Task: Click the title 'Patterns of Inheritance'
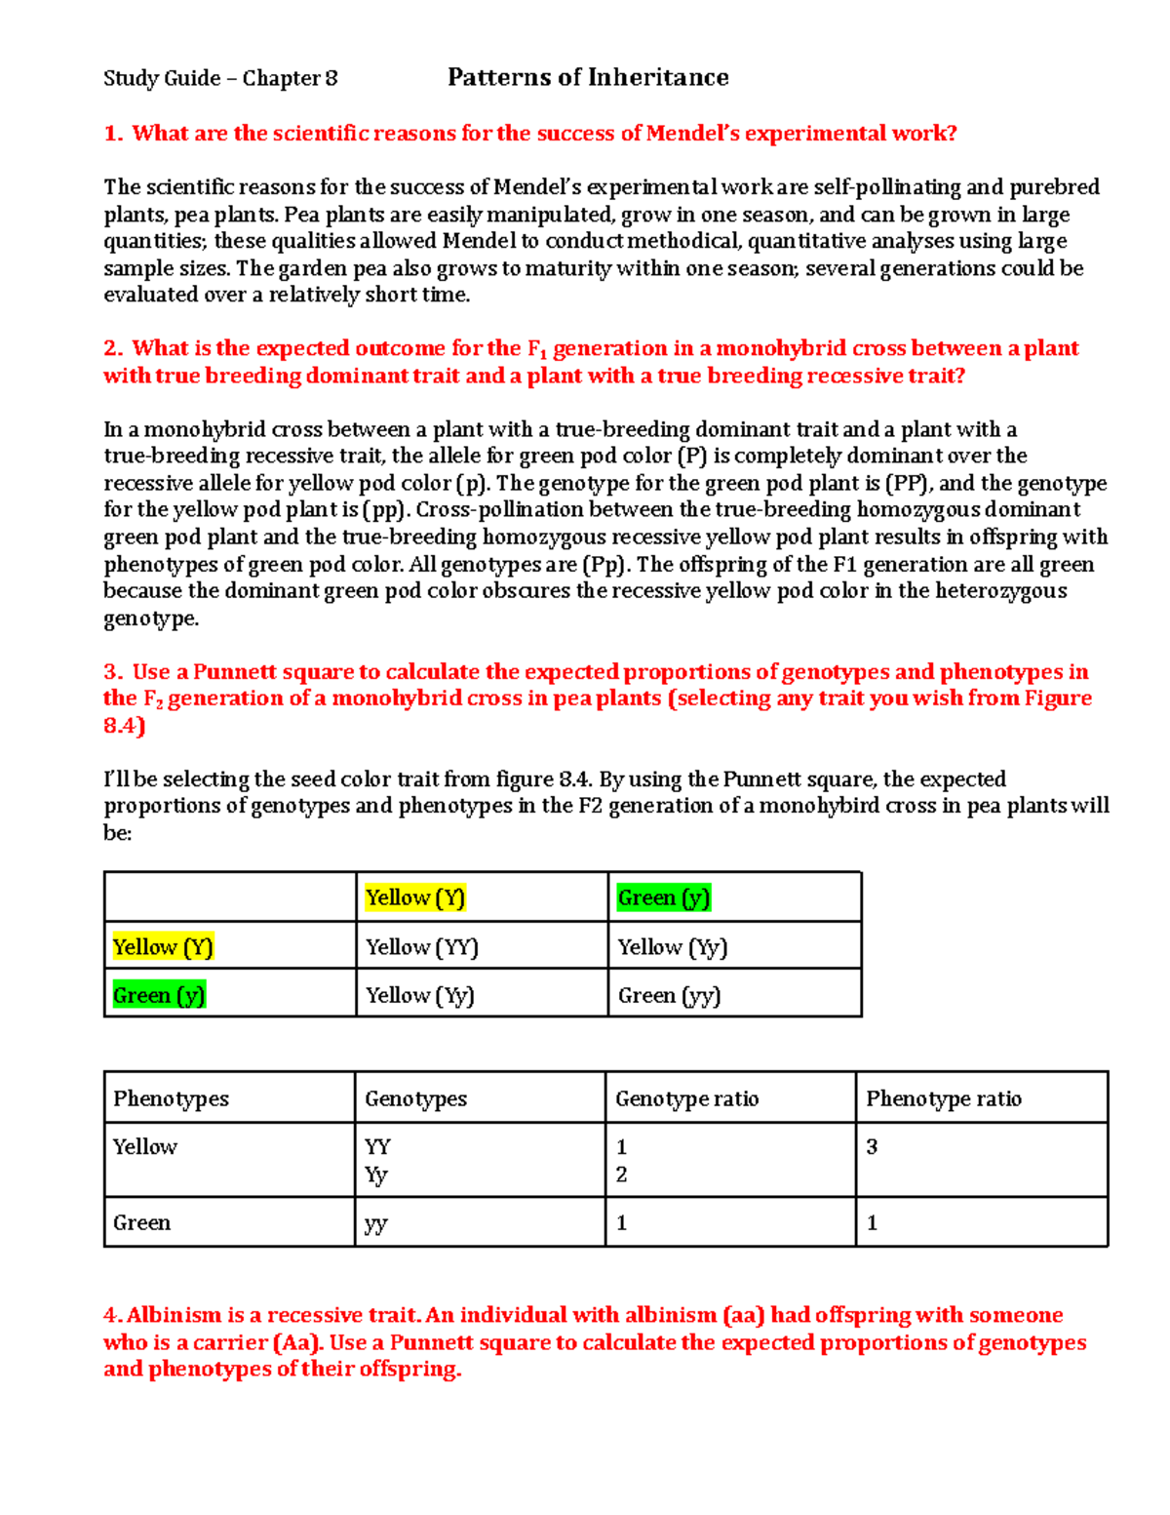(x=588, y=78)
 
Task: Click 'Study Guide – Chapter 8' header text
(x=220, y=79)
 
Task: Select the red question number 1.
(x=112, y=134)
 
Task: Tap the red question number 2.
(x=112, y=349)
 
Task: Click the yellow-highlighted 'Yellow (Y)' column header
(x=414, y=897)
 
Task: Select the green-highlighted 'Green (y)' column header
(x=663, y=897)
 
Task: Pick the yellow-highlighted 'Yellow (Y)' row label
(x=162, y=947)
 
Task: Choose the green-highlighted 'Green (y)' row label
(x=159, y=996)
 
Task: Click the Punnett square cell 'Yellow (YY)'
(x=421, y=947)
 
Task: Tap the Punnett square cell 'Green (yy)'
(x=669, y=996)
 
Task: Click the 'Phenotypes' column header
(x=171, y=1099)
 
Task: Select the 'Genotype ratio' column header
(x=686, y=1099)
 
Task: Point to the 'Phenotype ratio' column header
(x=943, y=1099)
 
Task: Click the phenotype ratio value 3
(x=872, y=1147)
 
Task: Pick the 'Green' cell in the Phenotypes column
(x=141, y=1223)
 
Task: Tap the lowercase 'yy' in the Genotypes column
(x=375, y=1224)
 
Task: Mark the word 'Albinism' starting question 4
(x=174, y=1316)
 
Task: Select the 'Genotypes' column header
(x=415, y=1099)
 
